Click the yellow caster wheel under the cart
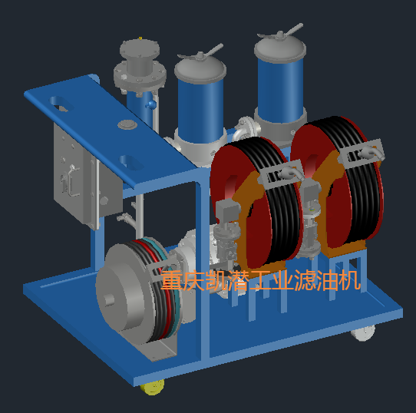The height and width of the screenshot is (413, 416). [x=152, y=387]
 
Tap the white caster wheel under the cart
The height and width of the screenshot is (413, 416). [x=363, y=332]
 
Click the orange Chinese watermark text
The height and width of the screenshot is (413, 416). [x=261, y=280]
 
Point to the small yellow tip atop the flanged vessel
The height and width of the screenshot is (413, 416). [x=140, y=38]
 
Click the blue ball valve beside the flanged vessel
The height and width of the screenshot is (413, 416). [x=150, y=104]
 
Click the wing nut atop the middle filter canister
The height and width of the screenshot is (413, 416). [x=201, y=53]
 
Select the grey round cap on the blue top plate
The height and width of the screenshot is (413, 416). [x=127, y=124]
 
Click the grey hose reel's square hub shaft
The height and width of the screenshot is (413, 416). [x=109, y=300]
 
